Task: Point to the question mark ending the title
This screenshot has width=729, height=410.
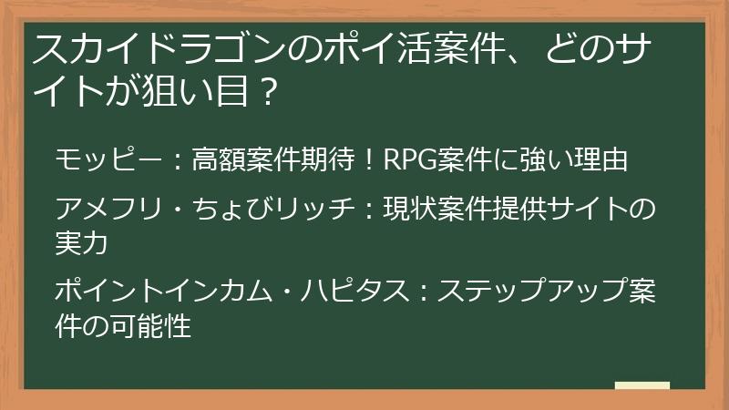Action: click(267, 95)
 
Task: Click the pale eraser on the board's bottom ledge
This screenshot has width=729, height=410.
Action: click(642, 386)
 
